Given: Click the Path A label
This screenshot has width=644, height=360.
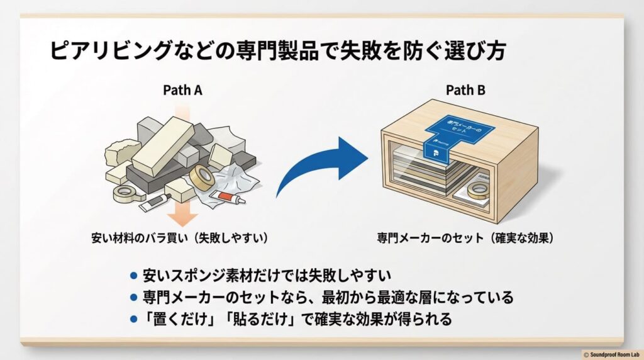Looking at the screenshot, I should click(x=182, y=90).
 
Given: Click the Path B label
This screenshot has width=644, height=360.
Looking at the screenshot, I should click(x=465, y=90).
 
